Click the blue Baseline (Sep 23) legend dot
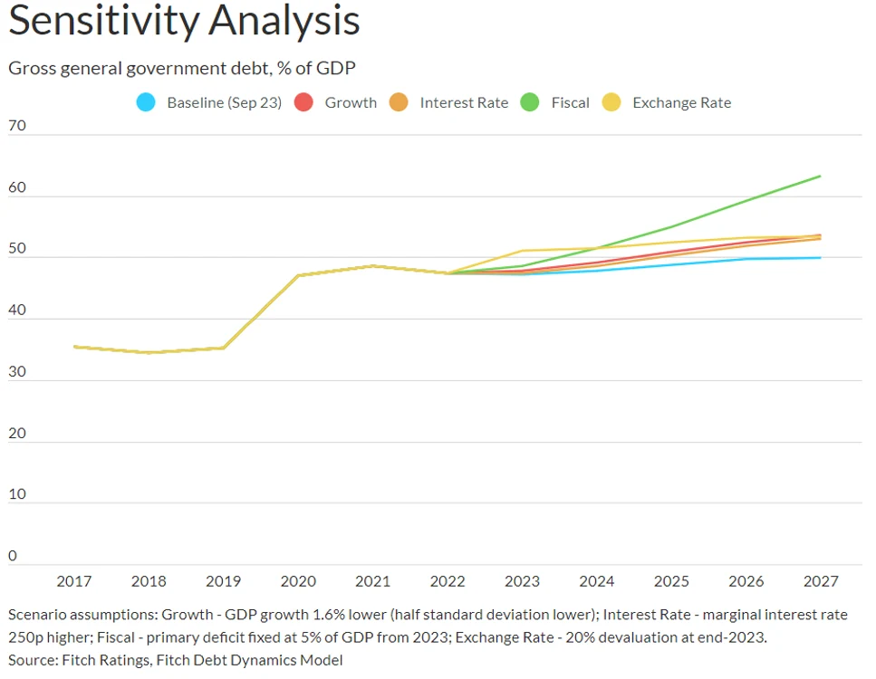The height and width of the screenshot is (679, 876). (x=146, y=102)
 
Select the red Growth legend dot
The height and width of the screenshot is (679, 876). (x=303, y=102)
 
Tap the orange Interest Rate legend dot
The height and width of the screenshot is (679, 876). (x=399, y=102)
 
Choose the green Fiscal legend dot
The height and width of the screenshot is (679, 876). (x=530, y=102)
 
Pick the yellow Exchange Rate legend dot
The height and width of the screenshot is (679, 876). (x=611, y=102)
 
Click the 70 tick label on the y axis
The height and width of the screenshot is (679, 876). (x=17, y=125)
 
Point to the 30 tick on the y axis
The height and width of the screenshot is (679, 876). (x=17, y=371)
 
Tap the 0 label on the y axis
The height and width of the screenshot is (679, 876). (x=13, y=556)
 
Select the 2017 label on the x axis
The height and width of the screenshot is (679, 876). (x=73, y=581)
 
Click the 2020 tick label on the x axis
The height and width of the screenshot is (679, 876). (x=298, y=581)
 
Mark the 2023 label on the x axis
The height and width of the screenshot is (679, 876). (x=523, y=581)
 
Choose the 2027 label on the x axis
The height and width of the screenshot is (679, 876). (x=821, y=581)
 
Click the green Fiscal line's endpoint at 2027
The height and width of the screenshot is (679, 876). (x=820, y=177)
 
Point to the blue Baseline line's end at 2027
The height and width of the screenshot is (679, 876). (x=820, y=257)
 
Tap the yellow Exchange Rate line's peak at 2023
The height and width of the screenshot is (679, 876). (x=523, y=251)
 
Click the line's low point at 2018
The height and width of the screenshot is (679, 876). (x=149, y=352)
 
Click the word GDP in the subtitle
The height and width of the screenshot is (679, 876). (x=336, y=68)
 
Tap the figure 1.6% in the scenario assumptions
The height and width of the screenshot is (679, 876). (x=329, y=615)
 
